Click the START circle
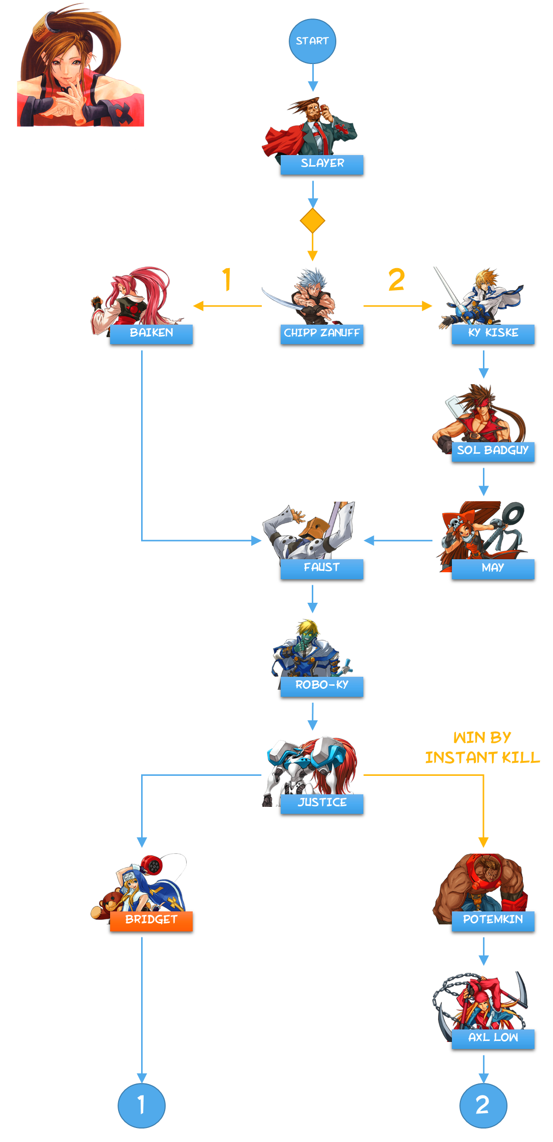click(312, 41)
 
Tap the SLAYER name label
click(322, 164)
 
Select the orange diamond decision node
click(312, 221)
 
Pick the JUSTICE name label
click(322, 803)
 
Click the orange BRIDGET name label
click(151, 921)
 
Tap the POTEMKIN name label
click(493, 921)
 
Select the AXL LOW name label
click(493, 1038)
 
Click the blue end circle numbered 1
click(142, 1105)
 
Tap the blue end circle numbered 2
click(483, 1105)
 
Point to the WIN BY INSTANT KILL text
click(482, 747)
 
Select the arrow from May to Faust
click(398, 540)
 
